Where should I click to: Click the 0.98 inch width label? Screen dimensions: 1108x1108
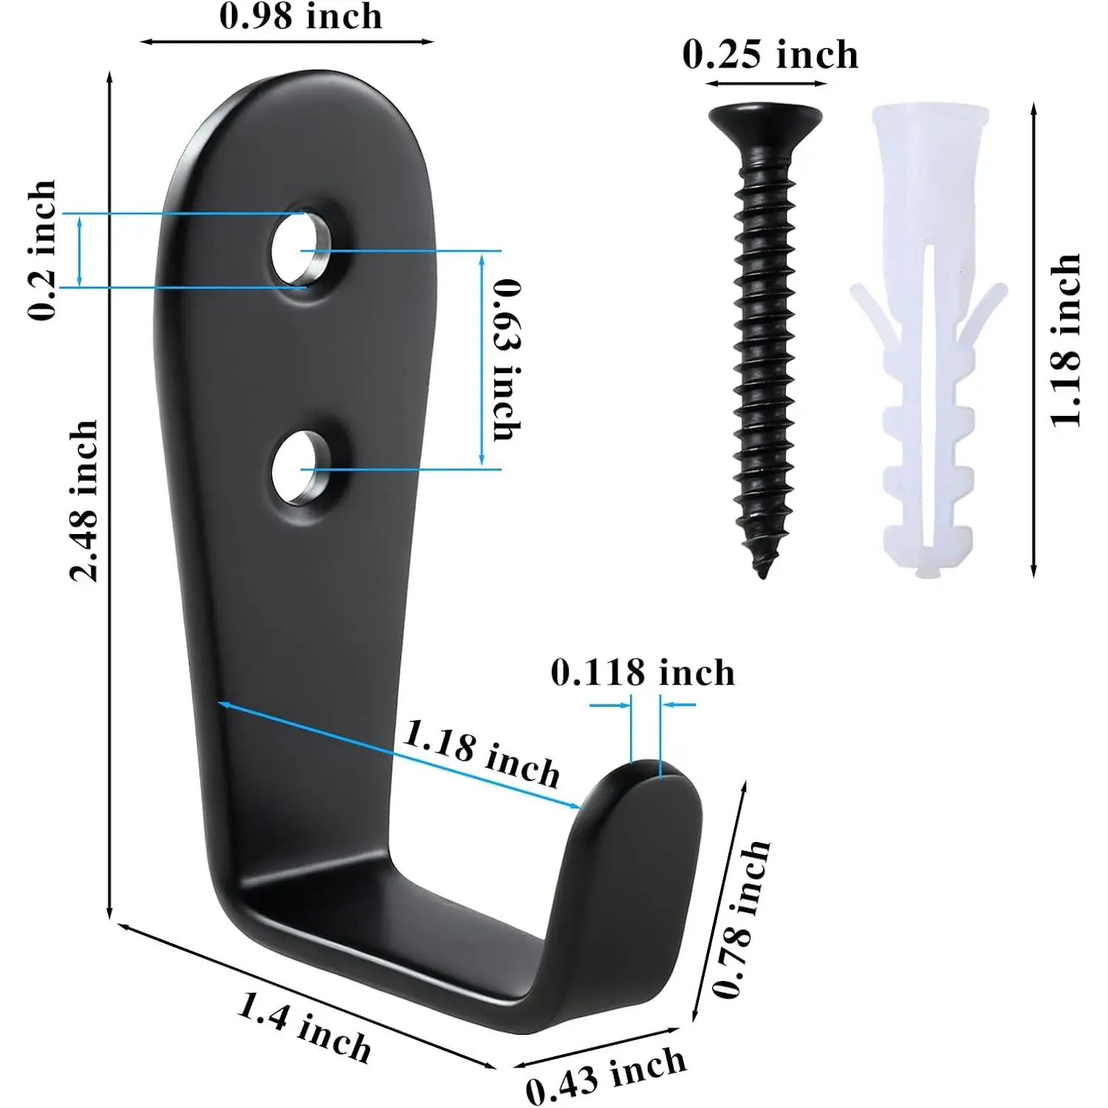[301, 16]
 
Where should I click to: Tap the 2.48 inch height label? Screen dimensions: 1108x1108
[83, 501]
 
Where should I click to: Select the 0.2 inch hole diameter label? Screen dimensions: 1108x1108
[42, 250]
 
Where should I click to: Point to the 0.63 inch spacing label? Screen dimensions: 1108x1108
[507, 360]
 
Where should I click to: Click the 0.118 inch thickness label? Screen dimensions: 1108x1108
[643, 673]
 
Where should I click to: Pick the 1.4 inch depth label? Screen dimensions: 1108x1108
[304, 1027]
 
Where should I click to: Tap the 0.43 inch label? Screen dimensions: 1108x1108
[606, 1075]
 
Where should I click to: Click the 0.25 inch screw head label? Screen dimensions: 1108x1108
[770, 55]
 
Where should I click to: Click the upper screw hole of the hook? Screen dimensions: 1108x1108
[301, 249]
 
